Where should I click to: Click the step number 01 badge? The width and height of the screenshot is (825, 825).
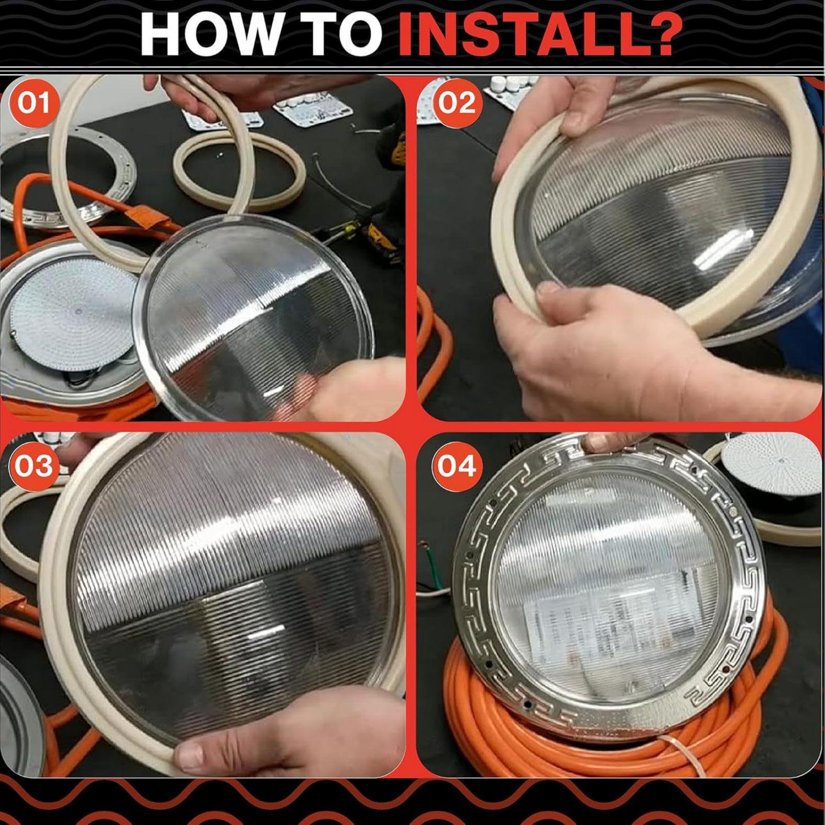click(x=34, y=103)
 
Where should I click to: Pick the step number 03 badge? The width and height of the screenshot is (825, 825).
click(x=34, y=466)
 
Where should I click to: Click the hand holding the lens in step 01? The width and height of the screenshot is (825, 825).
click(x=335, y=387)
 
